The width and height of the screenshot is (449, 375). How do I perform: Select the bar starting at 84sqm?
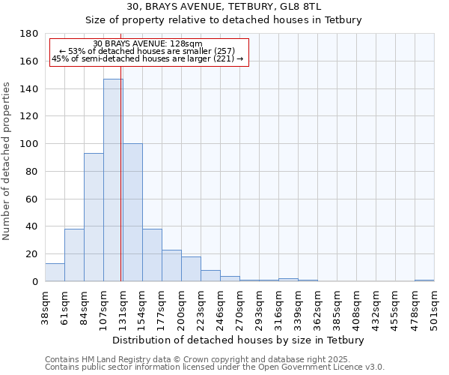[94, 217]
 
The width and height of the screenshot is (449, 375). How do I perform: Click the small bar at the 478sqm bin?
[424, 280]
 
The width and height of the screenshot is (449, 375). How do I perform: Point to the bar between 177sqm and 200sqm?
[171, 265]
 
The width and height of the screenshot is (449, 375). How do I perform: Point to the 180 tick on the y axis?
[30, 34]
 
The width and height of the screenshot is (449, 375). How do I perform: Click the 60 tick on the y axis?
[32, 199]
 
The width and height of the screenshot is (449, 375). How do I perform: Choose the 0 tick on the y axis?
[35, 281]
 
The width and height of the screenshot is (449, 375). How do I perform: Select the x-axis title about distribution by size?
[239, 340]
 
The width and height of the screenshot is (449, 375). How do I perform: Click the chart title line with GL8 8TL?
[224, 7]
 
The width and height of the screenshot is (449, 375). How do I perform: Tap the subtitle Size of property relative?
[224, 20]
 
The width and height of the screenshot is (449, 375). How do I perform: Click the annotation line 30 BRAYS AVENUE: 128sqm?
[147, 44]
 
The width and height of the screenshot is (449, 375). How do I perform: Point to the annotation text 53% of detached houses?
[147, 51]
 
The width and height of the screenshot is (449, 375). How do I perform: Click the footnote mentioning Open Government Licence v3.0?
[215, 367]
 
